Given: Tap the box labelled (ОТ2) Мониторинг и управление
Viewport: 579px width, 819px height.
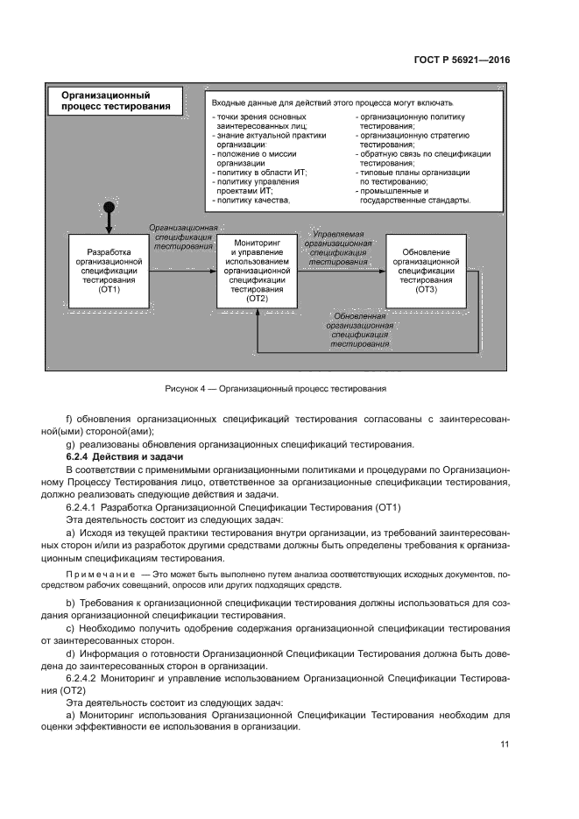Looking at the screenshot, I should point(257,271).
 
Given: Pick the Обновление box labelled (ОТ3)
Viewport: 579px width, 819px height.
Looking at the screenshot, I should point(426,271).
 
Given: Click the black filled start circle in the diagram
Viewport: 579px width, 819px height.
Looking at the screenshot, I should point(109,208).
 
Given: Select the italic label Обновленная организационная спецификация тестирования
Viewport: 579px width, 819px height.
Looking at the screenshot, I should point(360,329).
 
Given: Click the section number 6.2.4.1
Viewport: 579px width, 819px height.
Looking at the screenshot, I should point(83,506).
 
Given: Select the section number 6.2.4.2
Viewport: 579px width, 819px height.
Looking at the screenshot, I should point(83,678).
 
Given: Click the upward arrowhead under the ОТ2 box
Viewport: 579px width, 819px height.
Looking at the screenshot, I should point(257,313).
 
